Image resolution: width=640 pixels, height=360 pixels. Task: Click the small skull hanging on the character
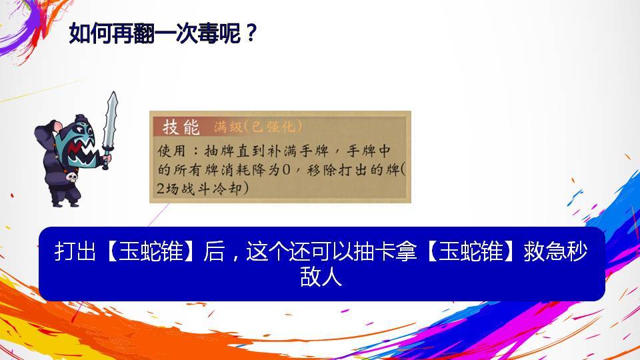[x=72, y=177]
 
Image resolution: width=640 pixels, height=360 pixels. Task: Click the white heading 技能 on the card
[x=181, y=127]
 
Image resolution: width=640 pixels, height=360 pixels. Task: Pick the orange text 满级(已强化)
[x=258, y=127]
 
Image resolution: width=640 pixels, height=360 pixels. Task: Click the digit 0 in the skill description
[x=286, y=169]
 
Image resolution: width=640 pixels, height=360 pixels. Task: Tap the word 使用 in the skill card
[x=171, y=151]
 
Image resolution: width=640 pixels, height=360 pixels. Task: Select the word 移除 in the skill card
[x=321, y=170]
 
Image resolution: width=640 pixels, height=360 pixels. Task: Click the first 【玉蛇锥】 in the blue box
[x=150, y=251]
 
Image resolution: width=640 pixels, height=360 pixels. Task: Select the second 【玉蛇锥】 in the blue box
[x=471, y=251]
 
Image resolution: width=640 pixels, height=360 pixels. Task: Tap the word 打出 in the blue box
[x=75, y=251]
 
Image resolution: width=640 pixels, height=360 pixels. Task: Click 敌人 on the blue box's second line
[x=321, y=277]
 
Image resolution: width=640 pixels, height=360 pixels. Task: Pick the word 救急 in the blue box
[x=545, y=251]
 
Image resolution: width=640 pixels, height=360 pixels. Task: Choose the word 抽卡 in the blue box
[x=374, y=251]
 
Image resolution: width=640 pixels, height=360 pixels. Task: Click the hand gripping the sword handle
[x=107, y=157]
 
